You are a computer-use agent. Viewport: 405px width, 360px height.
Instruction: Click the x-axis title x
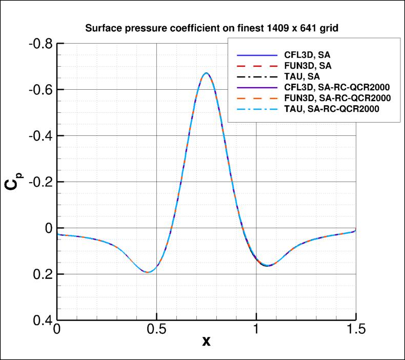pyautogui.click(x=206, y=341)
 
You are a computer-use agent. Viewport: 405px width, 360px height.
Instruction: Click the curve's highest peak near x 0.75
pyautogui.click(x=206, y=73)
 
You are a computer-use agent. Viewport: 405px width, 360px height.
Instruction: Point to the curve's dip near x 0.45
pyautogui.click(x=147, y=272)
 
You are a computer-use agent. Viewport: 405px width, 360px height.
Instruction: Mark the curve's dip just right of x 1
pyautogui.click(x=268, y=266)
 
